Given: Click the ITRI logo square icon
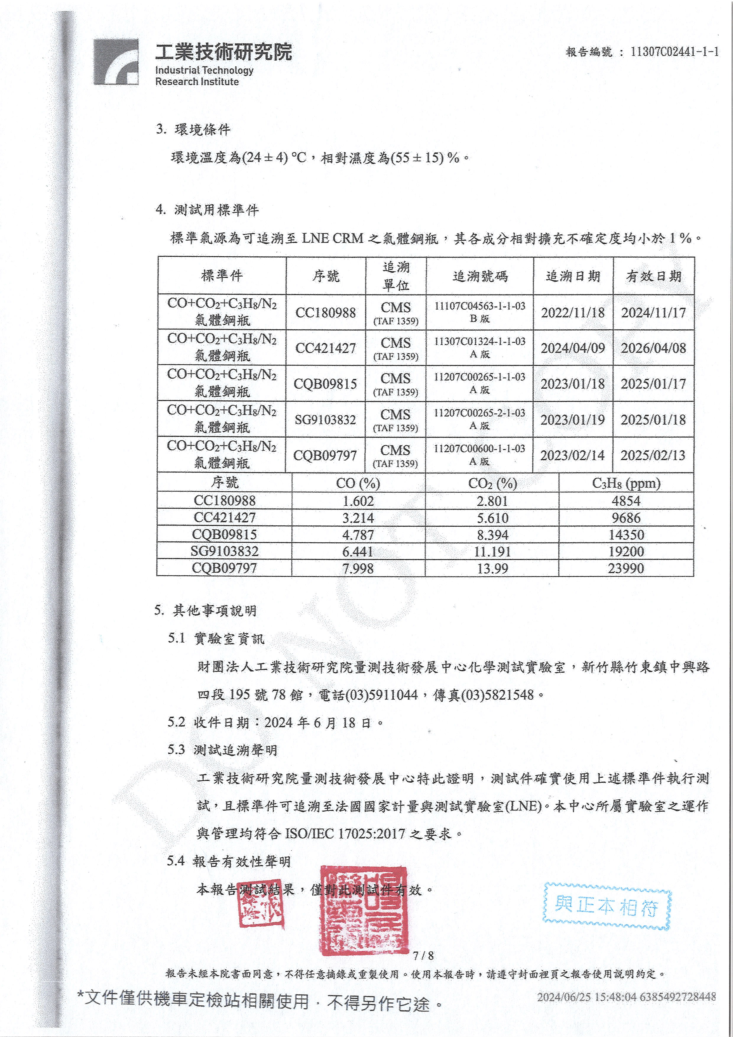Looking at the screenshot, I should [x=116, y=62].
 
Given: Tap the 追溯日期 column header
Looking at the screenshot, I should [x=573, y=276].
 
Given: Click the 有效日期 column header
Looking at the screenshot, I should [x=653, y=276].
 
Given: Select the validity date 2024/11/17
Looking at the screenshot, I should [x=653, y=313].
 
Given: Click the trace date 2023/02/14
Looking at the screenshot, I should [x=572, y=455].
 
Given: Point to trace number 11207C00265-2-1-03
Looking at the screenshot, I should [x=479, y=413].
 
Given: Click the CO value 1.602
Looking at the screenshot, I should [x=358, y=501].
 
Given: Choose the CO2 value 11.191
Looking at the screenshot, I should [x=492, y=551].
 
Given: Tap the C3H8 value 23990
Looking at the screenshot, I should [x=626, y=569].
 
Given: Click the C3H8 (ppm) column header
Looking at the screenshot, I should [x=626, y=483].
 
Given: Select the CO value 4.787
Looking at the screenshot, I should [x=358, y=535].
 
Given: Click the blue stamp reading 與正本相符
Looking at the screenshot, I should [x=606, y=906].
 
